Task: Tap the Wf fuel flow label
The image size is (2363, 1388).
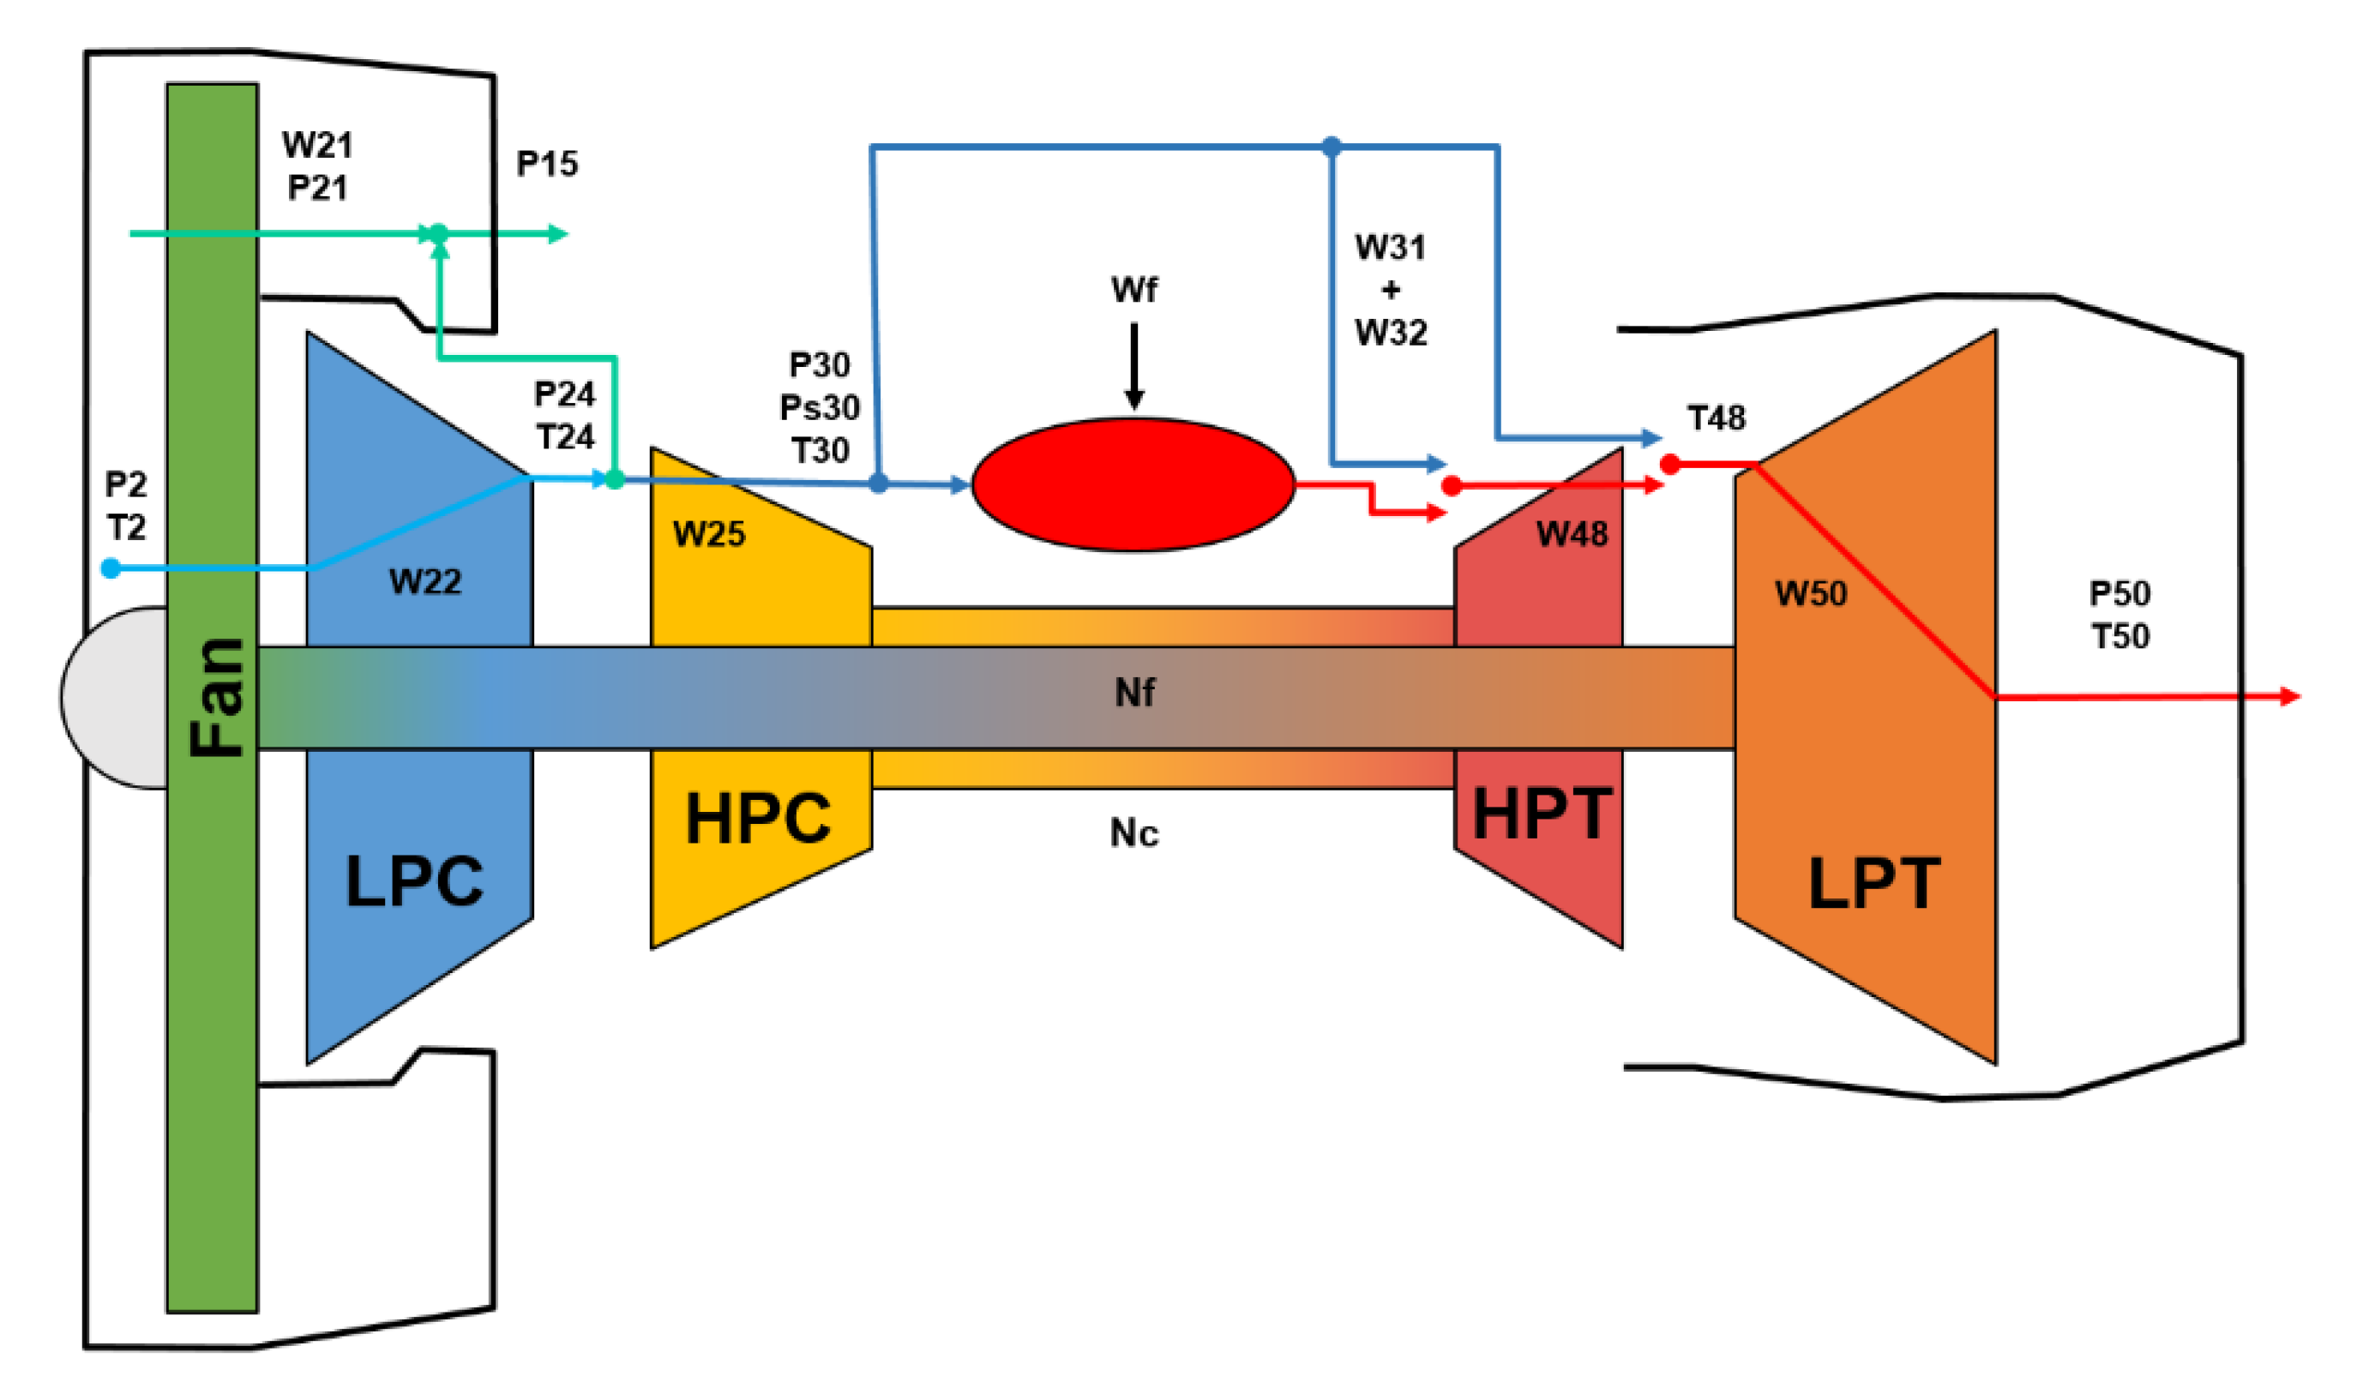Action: (x=1133, y=290)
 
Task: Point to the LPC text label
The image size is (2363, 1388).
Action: (x=414, y=880)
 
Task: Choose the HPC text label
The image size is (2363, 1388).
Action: (x=758, y=818)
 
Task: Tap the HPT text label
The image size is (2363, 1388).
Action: (x=1542, y=813)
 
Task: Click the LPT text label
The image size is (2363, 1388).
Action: (x=1873, y=882)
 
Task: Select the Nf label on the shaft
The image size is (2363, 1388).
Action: (x=1134, y=693)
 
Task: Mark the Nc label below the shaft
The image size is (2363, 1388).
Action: (x=1133, y=832)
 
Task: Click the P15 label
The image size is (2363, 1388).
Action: (x=548, y=164)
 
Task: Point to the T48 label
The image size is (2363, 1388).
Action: (x=1716, y=418)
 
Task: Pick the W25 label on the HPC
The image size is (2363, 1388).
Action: (x=709, y=535)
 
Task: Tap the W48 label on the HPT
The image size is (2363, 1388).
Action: (x=1572, y=535)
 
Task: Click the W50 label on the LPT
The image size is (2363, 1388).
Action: (x=1811, y=593)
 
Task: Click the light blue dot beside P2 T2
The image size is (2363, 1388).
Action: (x=111, y=568)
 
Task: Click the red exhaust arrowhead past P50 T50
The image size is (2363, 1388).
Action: (x=2290, y=696)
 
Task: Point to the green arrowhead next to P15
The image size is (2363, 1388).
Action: (x=558, y=233)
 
